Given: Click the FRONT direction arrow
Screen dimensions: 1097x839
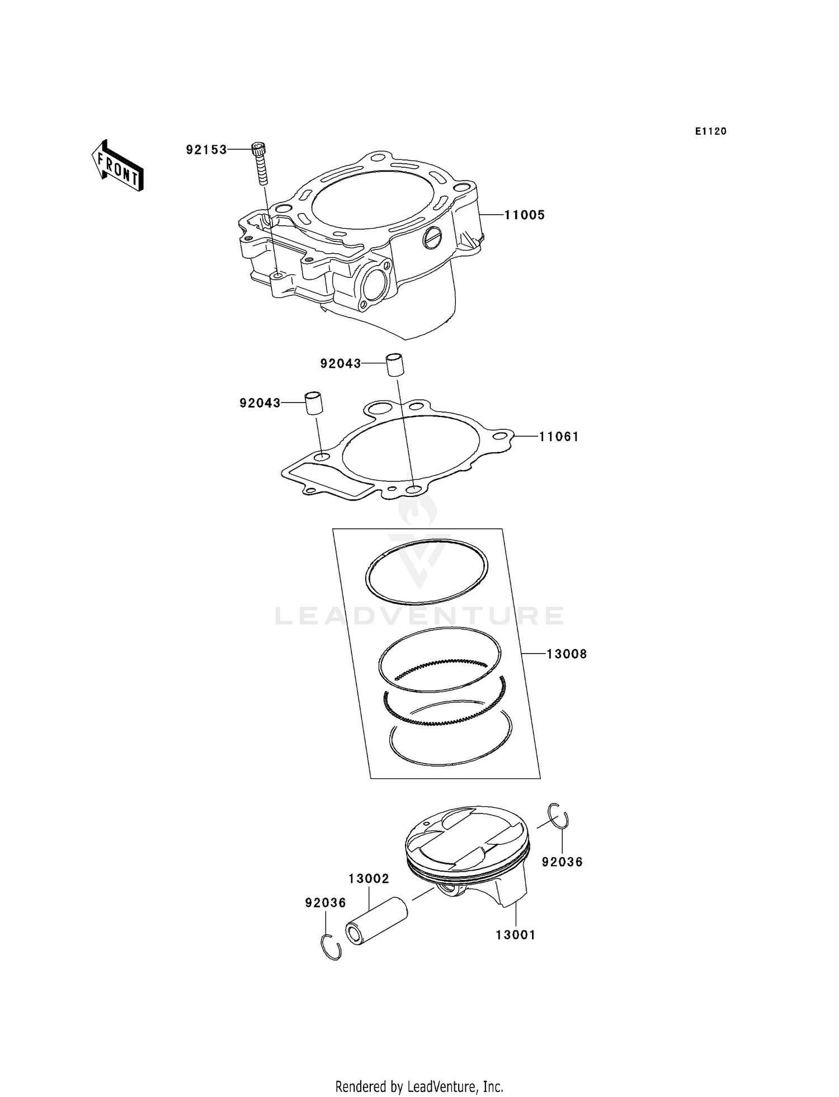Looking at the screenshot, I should pyautogui.click(x=117, y=167).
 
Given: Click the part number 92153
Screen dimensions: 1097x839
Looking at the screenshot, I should pyautogui.click(x=206, y=150).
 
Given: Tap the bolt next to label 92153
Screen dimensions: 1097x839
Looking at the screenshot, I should pyautogui.click(x=260, y=163).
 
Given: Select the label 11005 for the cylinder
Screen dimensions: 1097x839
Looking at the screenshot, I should pyautogui.click(x=524, y=215).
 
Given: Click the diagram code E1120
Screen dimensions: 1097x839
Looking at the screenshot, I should pyautogui.click(x=710, y=131).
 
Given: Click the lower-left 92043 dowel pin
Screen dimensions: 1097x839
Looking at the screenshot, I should pyautogui.click(x=314, y=404).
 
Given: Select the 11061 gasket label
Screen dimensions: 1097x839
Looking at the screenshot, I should pyautogui.click(x=558, y=437).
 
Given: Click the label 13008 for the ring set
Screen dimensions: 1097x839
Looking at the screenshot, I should pyautogui.click(x=566, y=654).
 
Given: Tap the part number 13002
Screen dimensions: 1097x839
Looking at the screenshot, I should pyautogui.click(x=369, y=879).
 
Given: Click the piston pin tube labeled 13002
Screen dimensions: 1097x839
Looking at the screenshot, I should pyautogui.click(x=376, y=921).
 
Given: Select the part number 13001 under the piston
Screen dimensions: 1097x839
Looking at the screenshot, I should pyautogui.click(x=515, y=935).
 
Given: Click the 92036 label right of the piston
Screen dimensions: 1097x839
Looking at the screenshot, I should pyautogui.click(x=562, y=862).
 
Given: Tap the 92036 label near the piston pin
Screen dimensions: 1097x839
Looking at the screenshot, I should pyautogui.click(x=326, y=903).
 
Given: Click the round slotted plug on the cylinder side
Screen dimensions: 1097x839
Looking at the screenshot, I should pyautogui.click(x=433, y=239).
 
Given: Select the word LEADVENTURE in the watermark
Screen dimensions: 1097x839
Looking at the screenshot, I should pyautogui.click(x=419, y=616).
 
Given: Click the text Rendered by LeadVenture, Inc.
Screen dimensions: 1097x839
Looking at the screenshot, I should pyautogui.click(x=419, y=1086).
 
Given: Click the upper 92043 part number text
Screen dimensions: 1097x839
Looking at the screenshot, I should pyautogui.click(x=340, y=364).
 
